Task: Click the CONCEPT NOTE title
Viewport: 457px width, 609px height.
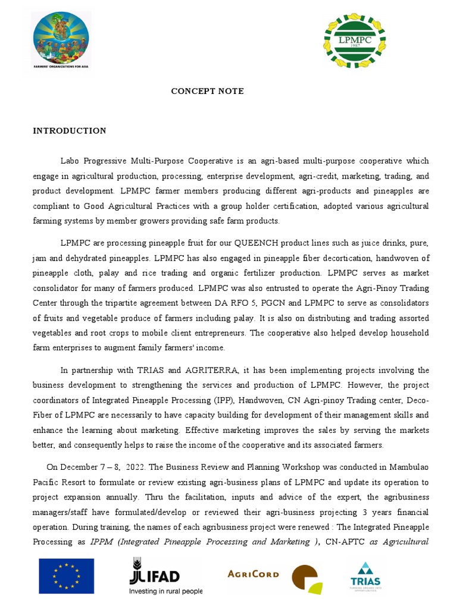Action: pyautogui.click(x=207, y=91)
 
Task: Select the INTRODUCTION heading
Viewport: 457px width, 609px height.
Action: pyautogui.click(x=70, y=131)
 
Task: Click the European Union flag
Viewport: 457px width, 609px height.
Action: pyautogui.click(x=67, y=576)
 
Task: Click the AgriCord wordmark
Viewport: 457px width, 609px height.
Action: pyautogui.click(x=253, y=574)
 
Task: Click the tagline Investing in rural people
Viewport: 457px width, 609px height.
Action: pyautogui.click(x=165, y=592)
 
